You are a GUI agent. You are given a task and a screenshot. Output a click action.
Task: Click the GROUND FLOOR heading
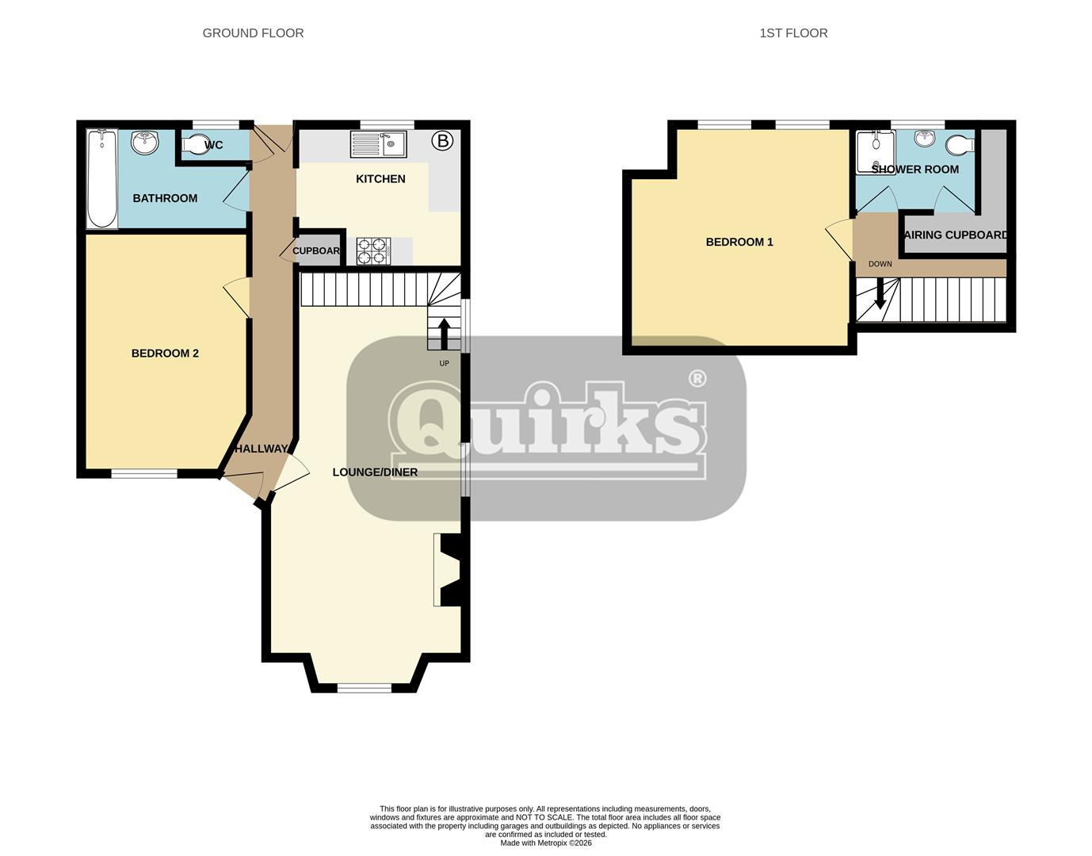[x=253, y=33]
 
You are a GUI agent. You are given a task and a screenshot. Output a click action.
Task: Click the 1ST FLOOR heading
[x=793, y=33]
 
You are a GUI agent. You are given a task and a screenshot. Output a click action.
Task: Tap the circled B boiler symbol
[x=442, y=141]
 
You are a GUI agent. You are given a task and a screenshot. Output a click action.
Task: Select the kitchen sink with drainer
[x=378, y=144]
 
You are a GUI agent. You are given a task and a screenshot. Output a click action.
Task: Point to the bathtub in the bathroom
[x=101, y=179]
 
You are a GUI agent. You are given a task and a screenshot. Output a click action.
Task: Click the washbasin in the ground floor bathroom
[x=146, y=143]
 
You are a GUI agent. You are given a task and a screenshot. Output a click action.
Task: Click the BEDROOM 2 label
[x=165, y=353]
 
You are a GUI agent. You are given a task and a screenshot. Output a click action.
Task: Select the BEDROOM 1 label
[x=739, y=243]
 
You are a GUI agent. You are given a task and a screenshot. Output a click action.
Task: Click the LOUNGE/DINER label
[x=375, y=472]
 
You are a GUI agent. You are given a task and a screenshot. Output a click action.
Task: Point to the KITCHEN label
[x=380, y=179]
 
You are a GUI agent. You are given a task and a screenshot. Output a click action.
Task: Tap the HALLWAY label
[x=261, y=449]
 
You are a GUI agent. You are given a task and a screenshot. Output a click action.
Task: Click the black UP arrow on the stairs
[x=444, y=333]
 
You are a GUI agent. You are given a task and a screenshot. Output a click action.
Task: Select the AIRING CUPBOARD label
[x=956, y=235]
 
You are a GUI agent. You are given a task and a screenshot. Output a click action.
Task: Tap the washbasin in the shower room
[x=924, y=139]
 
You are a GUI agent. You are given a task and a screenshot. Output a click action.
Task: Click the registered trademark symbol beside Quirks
[x=697, y=378]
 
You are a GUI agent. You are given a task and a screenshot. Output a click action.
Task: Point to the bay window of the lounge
[x=365, y=687]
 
